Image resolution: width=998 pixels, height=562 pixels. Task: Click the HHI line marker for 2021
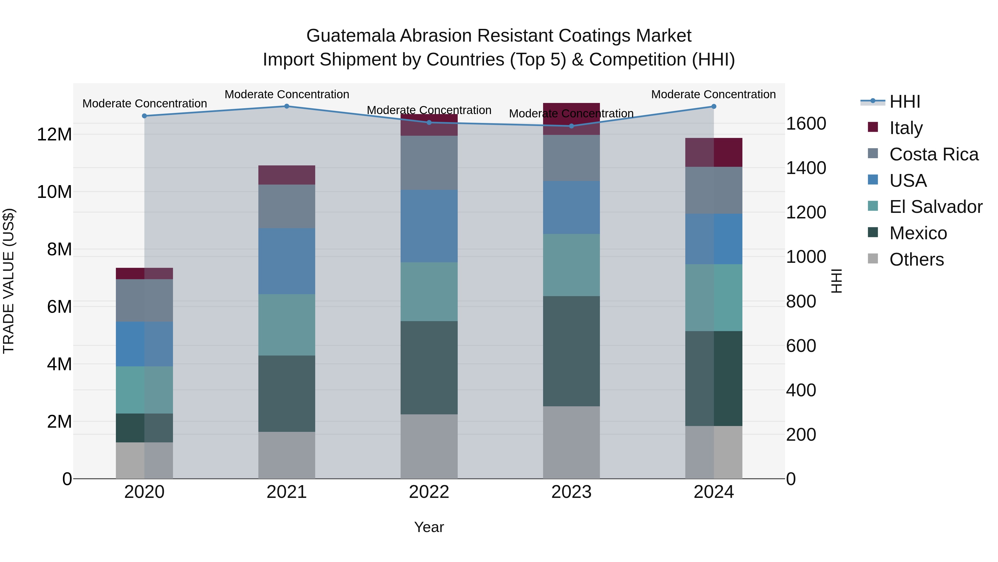point(287,106)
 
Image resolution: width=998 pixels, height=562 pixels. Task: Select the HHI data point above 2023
point(571,126)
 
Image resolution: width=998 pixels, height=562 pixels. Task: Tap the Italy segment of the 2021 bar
point(287,175)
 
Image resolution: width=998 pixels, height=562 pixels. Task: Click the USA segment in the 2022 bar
point(429,226)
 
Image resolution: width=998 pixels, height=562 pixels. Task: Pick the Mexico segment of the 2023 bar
point(571,351)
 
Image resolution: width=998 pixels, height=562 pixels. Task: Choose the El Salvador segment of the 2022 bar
point(429,292)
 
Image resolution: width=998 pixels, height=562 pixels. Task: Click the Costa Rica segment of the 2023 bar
point(571,158)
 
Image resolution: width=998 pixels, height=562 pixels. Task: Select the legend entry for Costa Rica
point(934,154)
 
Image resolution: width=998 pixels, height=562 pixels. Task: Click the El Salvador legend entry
point(936,207)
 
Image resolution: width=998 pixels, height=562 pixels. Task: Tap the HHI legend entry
point(905,102)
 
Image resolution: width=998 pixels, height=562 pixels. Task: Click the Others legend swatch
point(873,258)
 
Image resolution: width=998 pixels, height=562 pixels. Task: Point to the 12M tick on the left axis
point(54,135)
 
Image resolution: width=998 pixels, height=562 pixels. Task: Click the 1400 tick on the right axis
point(806,168)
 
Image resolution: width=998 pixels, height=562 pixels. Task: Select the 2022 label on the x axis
point(429,492)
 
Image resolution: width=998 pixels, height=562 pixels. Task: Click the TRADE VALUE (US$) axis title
point(9,281)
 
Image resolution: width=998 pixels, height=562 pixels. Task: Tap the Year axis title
point(429,527)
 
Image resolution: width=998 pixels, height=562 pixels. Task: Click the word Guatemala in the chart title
point(351,36)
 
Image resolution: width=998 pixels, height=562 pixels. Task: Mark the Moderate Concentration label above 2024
point(713,94)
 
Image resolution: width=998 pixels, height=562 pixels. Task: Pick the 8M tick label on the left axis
point(59,250)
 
